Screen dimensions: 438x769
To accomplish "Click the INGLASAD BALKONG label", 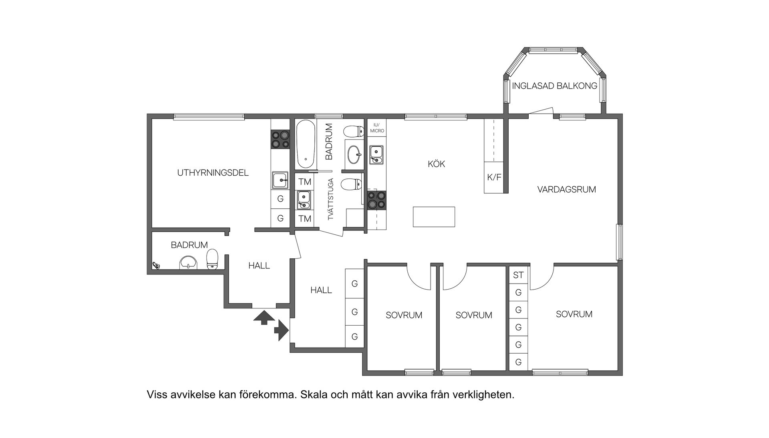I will pos(554,86).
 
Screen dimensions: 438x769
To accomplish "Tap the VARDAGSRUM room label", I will pos(566,189).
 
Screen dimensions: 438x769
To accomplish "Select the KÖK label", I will pos(436,164).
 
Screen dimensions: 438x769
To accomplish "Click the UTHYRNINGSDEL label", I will pos(213,173).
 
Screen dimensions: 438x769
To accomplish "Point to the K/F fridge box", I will pos(494,177).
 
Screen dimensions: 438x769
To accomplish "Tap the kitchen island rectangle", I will pos(434,216).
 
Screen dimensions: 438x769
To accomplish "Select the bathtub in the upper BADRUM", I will pos(306,144).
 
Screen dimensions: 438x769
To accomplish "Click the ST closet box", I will pos(518,275).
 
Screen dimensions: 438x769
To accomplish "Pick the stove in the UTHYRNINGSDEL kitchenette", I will pos(280,139).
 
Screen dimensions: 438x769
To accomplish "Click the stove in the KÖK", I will pos(377,200).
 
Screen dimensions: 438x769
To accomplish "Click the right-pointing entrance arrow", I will pos(282,330).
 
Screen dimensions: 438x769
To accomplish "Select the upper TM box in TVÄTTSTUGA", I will pos(304,182).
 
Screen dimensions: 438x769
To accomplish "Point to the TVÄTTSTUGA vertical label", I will pos(331,199).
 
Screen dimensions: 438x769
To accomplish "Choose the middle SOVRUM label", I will pos(473,315).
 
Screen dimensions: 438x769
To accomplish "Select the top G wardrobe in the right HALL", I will pos(354,284).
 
